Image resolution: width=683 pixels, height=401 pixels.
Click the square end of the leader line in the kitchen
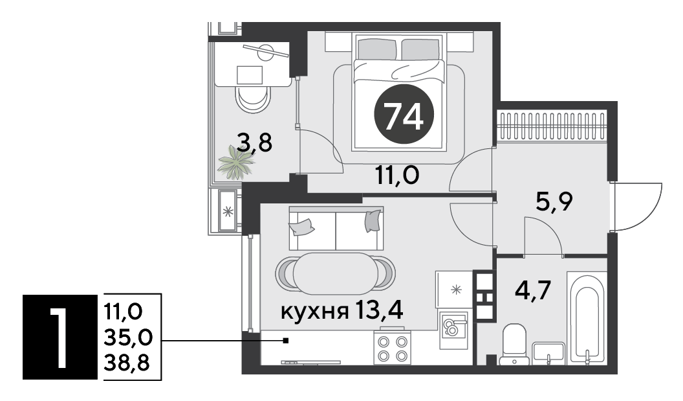[x=286, y=341]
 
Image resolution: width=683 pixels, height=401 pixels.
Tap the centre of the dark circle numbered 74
[x=404, y=114]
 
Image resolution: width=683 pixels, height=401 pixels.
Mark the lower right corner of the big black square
[x=98, y=379]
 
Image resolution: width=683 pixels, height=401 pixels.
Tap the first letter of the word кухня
[x=287, y=312]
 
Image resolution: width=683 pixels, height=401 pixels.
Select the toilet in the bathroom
[x=514, y=344]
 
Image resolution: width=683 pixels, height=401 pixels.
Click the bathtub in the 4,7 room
[x=587, y=317]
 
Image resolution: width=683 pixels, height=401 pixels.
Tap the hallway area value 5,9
[x=553, y=202]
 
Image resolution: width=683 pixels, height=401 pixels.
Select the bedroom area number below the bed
[x=397, y=176]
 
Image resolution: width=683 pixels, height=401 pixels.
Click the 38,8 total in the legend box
[x=127, y=362]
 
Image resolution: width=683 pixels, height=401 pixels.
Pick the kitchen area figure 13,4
[x=378, y=311]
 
